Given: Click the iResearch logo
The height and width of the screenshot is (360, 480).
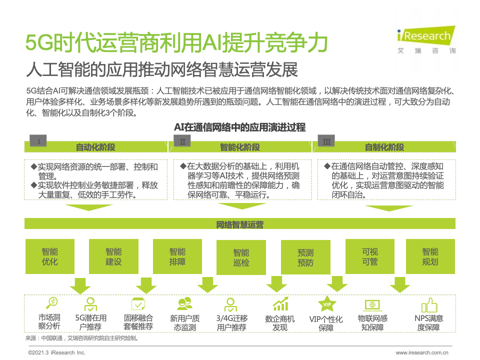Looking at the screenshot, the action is pos(425,38).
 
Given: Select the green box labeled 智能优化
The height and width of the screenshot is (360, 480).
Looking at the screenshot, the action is pos(50,256).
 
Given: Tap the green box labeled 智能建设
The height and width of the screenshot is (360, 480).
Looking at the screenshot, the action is pos(113,256).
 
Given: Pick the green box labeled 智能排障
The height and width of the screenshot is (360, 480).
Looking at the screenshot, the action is pos(177,256).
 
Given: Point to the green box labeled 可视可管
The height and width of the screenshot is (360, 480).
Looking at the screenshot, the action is pos(369,256).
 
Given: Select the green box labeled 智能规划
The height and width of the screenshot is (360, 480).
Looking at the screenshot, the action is pos(430,256).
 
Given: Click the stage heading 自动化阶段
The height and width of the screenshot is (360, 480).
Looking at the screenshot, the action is pos(95,147).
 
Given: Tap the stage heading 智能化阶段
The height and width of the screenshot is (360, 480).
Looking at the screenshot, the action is pos(240,147).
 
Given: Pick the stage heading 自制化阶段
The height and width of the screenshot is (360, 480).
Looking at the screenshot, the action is pos(384,147).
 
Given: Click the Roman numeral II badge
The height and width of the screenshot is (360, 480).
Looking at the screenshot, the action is pos(182,142).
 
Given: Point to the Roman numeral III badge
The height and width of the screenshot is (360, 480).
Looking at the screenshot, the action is pos(326,142).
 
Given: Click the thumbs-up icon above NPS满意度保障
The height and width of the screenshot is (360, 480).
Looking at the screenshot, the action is pos(429,304).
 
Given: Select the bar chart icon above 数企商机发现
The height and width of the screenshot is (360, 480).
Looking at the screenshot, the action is pos(280,304).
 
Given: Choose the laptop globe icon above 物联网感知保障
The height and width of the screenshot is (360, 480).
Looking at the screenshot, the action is pos(372,304).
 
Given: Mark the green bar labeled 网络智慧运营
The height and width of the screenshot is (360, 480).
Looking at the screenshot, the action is pos(240,224).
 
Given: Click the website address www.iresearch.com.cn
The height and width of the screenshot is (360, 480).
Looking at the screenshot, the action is pos(422,352).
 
